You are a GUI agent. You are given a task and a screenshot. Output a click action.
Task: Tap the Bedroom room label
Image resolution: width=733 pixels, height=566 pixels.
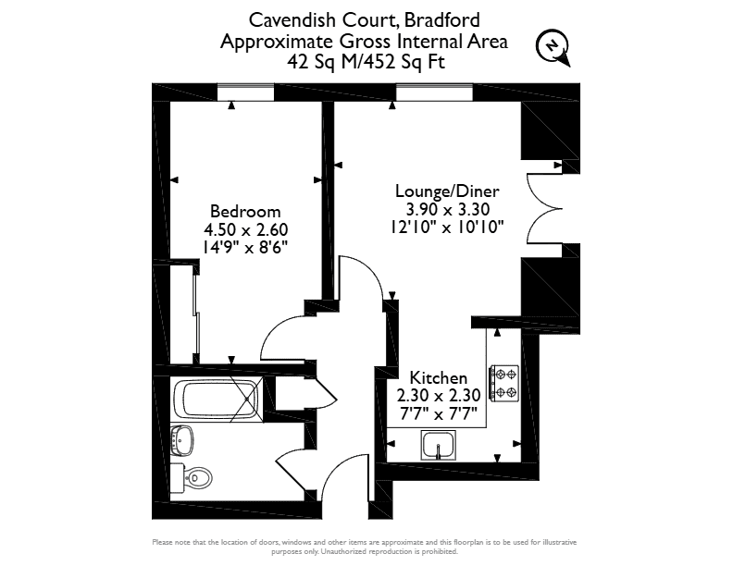coord(245,212)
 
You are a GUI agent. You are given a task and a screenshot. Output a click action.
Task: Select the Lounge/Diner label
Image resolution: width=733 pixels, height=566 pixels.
coord(447,191)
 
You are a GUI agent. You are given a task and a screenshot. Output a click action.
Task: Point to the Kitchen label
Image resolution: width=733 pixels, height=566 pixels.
coord(439,377)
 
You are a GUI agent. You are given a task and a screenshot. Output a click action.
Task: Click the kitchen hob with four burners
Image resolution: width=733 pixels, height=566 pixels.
coord(503,384)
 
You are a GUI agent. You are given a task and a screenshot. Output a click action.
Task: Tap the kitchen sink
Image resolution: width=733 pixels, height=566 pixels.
coord(438,445)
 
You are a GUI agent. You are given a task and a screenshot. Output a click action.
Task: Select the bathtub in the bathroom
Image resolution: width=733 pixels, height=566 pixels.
coord(217,400)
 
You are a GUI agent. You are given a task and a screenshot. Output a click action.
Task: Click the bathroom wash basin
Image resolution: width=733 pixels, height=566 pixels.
coord(181,440)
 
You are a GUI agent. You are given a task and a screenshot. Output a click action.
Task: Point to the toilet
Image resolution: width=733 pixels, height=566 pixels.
coord(191,478)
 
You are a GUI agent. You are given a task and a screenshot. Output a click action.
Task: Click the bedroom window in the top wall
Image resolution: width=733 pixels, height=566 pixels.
coord(245,92)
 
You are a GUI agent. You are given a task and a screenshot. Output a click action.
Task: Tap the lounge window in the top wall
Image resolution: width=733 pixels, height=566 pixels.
coord(434,92)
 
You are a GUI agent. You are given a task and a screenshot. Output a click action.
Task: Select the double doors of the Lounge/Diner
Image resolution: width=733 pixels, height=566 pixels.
coord(544,208)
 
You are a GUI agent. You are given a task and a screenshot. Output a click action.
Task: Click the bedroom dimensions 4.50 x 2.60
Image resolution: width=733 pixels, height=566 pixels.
coord(245,229)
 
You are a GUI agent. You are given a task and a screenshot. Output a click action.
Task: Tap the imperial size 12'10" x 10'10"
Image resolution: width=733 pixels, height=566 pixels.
coord(447,228)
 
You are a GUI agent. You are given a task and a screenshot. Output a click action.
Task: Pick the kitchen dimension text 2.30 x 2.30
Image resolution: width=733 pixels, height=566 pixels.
coord(439,396)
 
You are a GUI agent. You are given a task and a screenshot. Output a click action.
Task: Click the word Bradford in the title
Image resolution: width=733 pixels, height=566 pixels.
coord(441,20)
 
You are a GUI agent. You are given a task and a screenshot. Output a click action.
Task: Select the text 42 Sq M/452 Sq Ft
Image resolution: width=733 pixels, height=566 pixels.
coord(366,62)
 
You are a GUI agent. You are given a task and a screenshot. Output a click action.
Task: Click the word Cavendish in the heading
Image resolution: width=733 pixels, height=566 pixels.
coord(292,20)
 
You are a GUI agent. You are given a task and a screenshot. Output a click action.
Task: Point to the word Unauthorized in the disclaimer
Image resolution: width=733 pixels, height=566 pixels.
coord(342,551)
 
